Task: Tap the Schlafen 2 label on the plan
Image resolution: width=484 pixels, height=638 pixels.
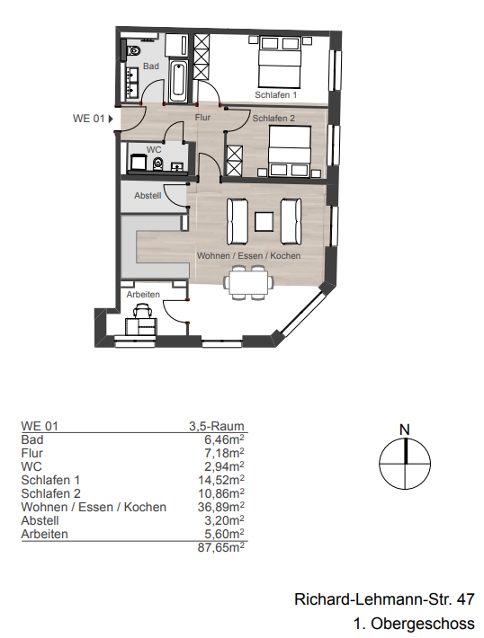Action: pos(273,118)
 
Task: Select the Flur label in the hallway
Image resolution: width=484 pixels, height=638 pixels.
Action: pos(202,118)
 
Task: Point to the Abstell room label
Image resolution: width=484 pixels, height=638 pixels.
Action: pos(148,195)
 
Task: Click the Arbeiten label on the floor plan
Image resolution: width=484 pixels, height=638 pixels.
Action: pos(142,295)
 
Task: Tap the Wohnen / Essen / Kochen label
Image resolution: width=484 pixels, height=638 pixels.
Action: pos(248,256)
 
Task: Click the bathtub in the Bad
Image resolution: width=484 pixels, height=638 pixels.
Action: pos(178,82)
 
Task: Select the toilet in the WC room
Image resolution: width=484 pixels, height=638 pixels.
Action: pos(157,164)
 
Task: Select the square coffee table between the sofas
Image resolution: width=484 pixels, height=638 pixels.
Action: pos(264,220)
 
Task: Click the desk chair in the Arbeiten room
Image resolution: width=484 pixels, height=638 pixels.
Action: pos(142,314)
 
